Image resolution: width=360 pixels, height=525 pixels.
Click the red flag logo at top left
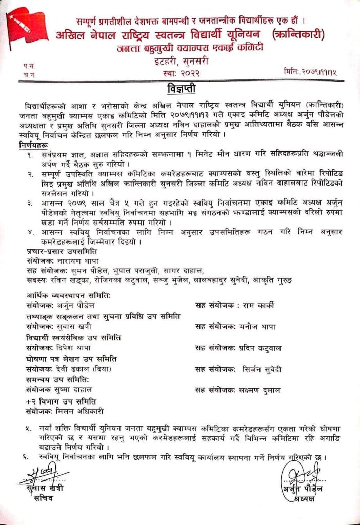coord(26,26)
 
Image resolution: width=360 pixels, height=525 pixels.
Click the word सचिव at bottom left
coord(43,497)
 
